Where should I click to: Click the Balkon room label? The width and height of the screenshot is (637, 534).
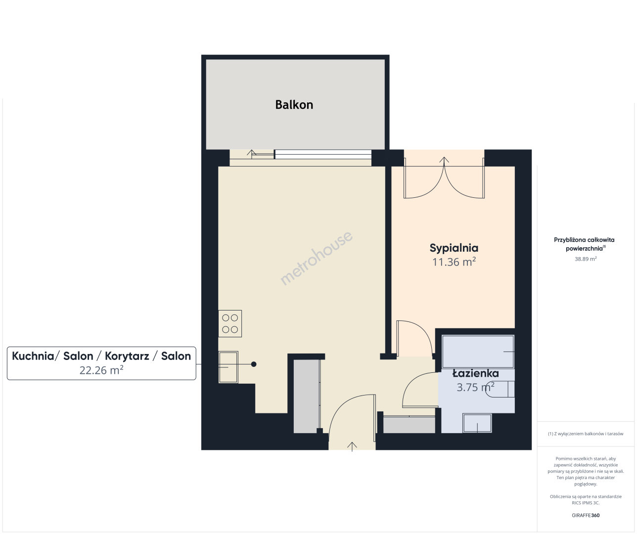tap(294, 105)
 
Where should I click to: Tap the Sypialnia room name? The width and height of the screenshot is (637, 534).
tap(454, 248)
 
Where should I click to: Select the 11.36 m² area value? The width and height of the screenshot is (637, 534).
tap(454, 262)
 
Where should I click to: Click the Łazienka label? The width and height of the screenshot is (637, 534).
tap(475, 373)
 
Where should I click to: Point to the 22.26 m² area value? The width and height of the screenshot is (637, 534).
tap(101, 370)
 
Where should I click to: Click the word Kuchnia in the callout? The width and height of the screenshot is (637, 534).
tap(33, 356)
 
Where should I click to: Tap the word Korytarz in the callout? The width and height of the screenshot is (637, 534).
tap(127, 356)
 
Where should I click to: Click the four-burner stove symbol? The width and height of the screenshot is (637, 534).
tap(230, 323)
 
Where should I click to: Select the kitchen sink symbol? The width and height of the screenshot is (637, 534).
tap(228, 367)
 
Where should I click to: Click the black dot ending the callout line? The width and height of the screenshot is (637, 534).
tap(254, 364)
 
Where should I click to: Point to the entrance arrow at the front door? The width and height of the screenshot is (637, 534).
tap(352, 446)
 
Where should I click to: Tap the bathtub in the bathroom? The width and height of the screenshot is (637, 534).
tap(478, 352)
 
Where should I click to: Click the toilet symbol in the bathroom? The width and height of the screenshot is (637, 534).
tap(500, 390)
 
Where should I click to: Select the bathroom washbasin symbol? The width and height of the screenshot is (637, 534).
tap(477, 423)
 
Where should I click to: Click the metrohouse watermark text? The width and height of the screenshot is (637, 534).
tap(317, 258)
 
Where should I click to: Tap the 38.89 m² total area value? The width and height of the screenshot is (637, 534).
tap(586, 259)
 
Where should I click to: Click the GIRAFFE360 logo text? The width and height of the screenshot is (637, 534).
tap(586, 515)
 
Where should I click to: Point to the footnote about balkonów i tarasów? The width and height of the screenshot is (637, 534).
tap(586, 434)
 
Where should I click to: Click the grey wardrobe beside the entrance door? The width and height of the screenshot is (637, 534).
tap(307, 396)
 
